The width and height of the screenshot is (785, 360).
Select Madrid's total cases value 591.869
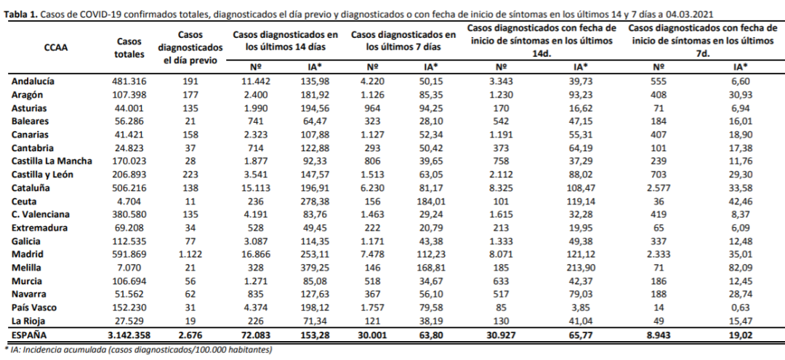click(131, 255)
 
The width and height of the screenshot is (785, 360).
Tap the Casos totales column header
click(130, 48)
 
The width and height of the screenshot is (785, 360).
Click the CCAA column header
click(57, 48)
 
